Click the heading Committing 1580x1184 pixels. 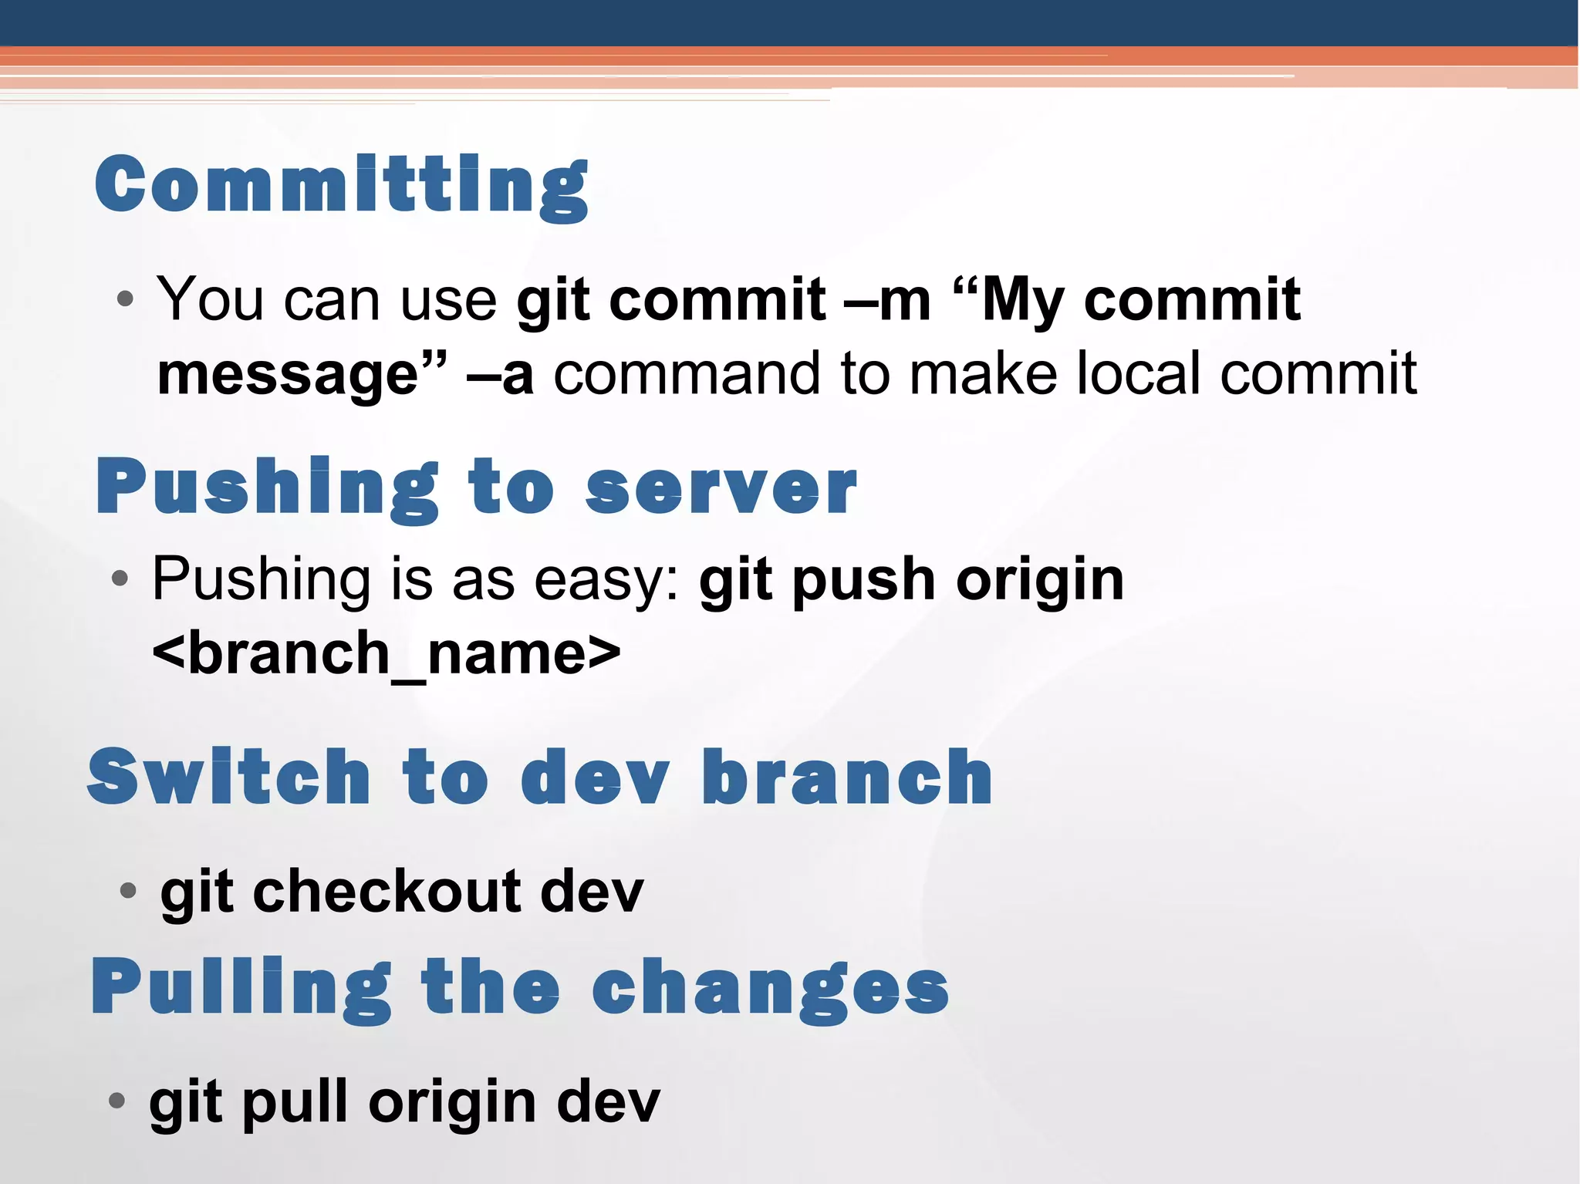(342, 185)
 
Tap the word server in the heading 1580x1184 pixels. (721, 488)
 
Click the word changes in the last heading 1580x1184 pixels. (770, 990)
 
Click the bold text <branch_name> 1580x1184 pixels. (386, 653)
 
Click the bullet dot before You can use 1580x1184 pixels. (126, 299)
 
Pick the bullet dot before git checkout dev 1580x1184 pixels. (129, 892)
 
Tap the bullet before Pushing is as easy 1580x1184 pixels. (120, 579)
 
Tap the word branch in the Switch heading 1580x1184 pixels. (846, 778)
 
